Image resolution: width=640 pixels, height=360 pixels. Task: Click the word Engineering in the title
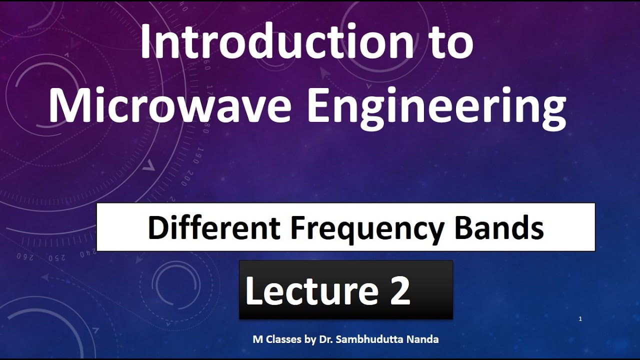click(x=436, y=107)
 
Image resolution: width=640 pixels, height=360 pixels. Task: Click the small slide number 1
click(x=580, y=319)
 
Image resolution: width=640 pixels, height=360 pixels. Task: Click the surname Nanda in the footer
click(x=425, y=339)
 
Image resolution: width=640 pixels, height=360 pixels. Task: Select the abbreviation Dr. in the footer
click(x=326, y=339)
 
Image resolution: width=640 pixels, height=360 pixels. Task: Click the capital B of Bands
click(x=463, y=228)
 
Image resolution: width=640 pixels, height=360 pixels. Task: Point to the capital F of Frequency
click(x=298, y=228)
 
